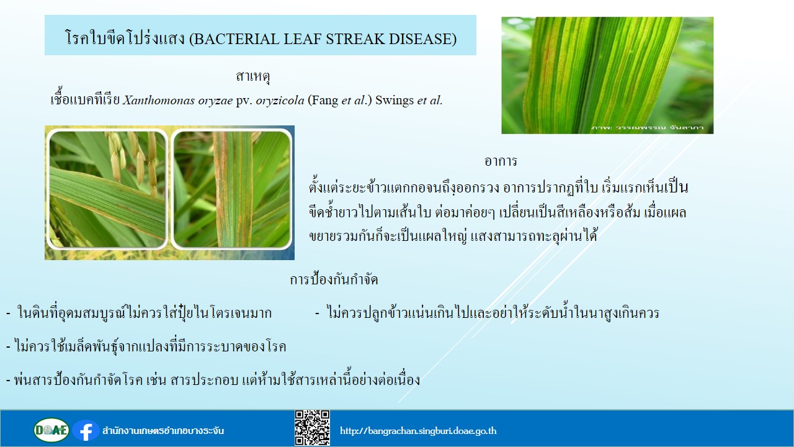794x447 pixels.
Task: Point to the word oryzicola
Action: (280, 101)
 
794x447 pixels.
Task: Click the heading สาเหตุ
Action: (252, 76)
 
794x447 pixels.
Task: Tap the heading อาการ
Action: (501, 161)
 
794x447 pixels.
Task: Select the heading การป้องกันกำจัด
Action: (334, 279)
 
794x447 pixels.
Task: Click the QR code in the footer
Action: (312, 428)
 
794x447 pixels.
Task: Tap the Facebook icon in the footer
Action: (86, 431)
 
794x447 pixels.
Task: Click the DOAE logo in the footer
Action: (51, 430)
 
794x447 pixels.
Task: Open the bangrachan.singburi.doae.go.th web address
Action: (418, 431)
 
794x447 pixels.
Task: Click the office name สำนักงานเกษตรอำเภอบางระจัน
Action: (163, 431)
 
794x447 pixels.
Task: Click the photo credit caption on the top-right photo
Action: (647, 128)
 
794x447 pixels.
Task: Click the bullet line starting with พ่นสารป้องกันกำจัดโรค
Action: (213, 379)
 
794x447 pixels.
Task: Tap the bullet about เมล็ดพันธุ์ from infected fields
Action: (146, 346)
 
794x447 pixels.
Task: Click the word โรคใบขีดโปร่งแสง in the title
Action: (125, 38)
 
